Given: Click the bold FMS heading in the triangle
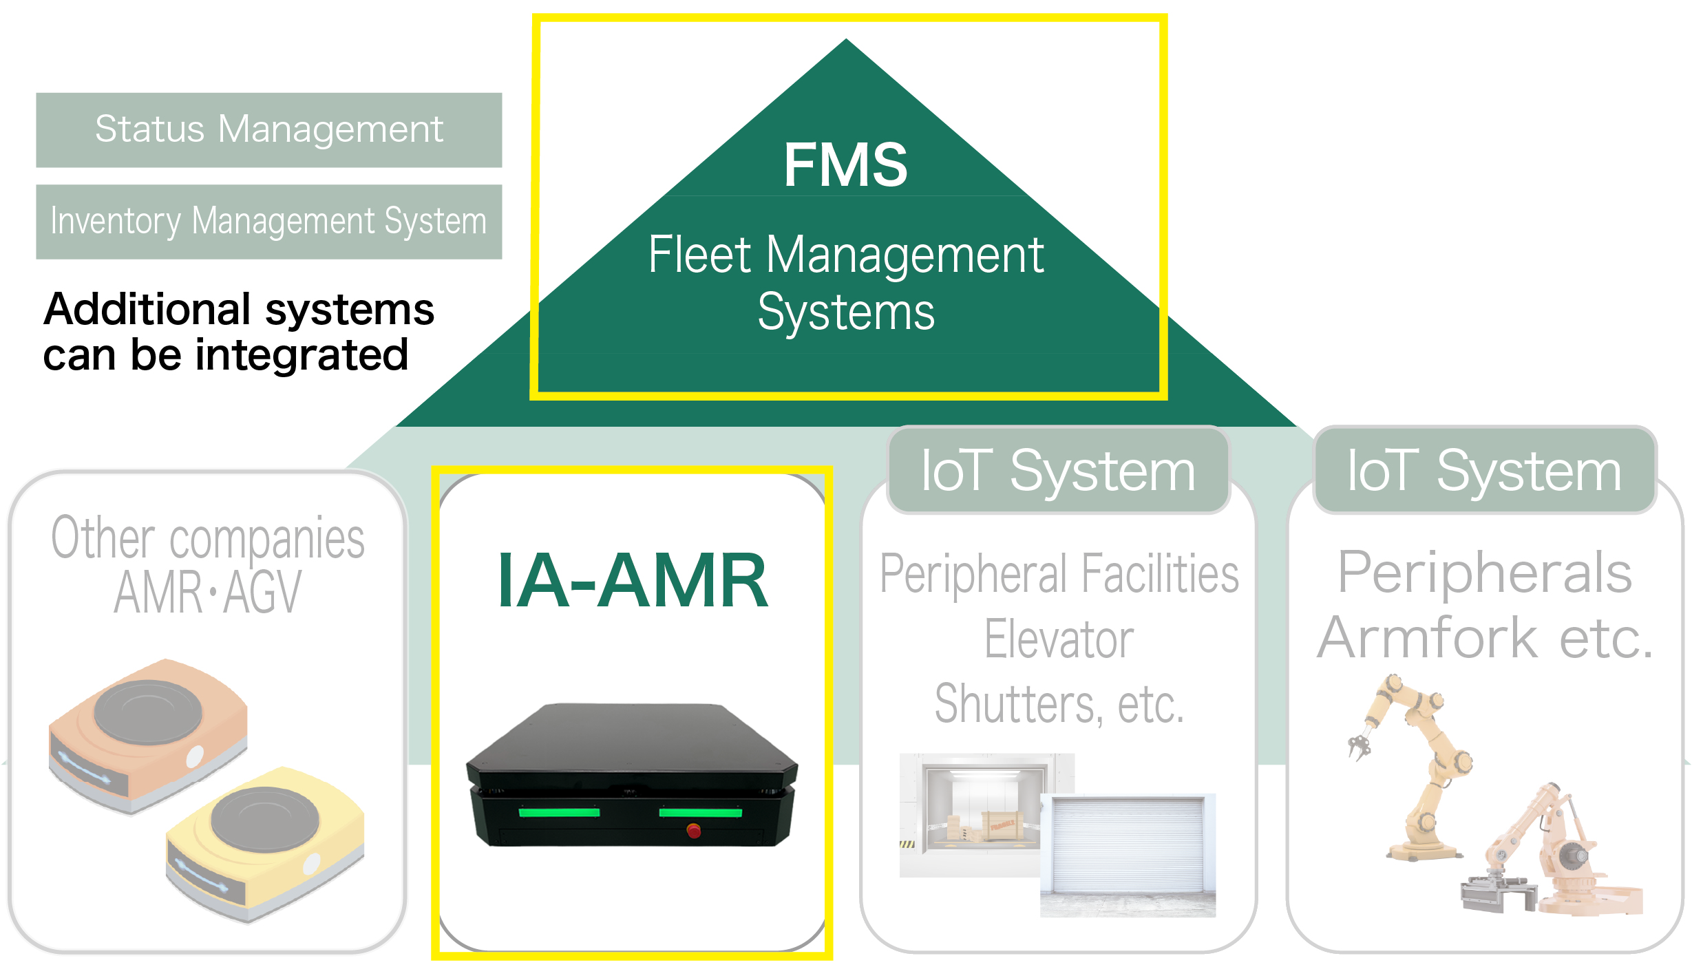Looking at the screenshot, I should [845, 165].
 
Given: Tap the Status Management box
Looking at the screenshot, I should [268, 130].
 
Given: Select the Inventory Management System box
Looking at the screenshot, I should [268, 222].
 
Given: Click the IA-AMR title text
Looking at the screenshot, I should [632, 582].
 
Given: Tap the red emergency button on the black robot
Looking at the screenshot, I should [693, 831].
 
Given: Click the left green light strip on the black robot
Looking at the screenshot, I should [559, 813].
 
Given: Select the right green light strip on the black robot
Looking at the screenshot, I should [700, 813].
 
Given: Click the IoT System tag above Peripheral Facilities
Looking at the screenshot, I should [1058, 471].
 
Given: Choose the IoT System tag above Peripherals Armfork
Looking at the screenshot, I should [1484, 471].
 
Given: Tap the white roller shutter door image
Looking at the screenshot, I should [1128, 853].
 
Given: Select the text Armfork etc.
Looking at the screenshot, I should [1484, 639].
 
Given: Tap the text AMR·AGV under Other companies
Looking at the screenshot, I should [207, 593].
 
